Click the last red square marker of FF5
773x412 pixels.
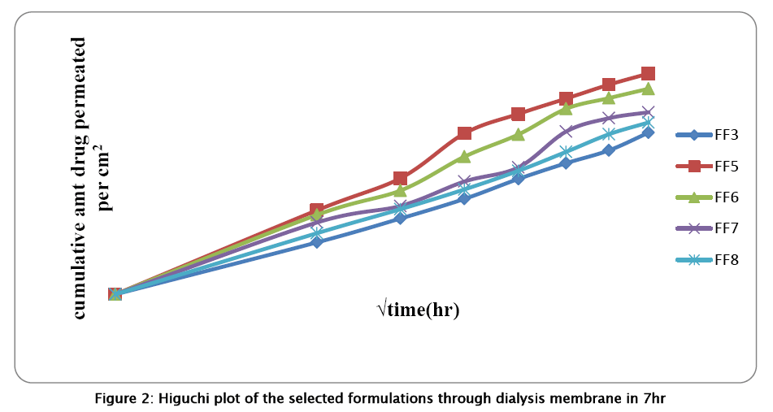pyautogui.click(x=648, y=74)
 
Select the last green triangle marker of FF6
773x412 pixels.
pyautogui.click(x=648, y=88)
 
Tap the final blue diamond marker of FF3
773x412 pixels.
pyautogui.click(x=648, y=132)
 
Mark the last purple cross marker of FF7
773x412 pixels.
pyautogui.click(x=648, y=112)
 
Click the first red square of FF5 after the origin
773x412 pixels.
pyautogui.click(x=317, y=210)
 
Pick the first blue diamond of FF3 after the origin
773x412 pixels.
pyautogui.click(x=317, y=242)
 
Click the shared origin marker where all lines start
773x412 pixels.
pyautogui.click(x=115, y=294)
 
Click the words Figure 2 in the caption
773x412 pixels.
pyautogui.click(x=124, y=398)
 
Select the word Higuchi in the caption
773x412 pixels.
pyautogui.click(x=182, y=398)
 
